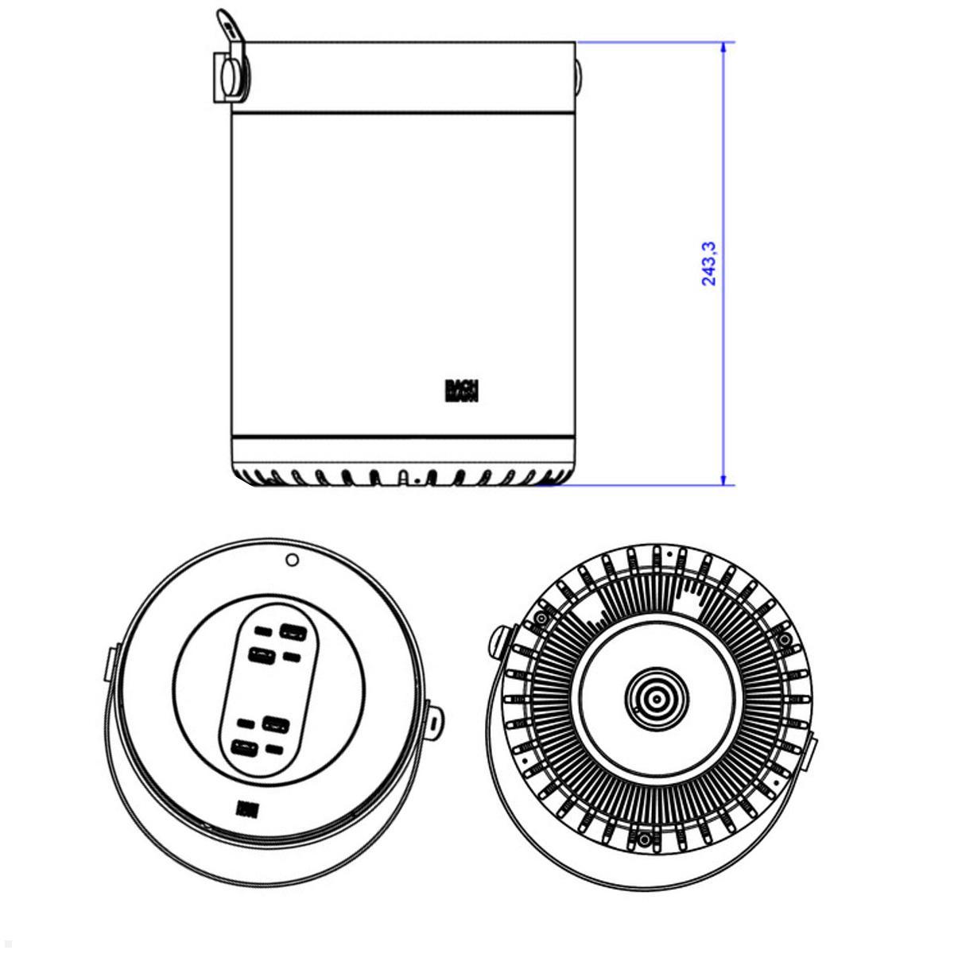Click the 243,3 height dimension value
point(708,263)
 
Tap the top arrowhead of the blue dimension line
point(723,48)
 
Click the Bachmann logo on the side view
point(461,390)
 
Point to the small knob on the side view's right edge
point(578,77)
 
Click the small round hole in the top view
point(292,560)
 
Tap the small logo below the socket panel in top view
point(244,809)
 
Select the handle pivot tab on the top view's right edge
point(435,719)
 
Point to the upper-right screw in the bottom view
point(785,638)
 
